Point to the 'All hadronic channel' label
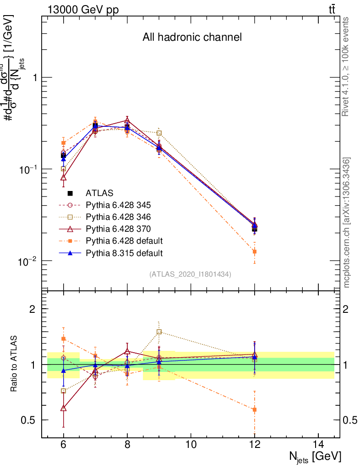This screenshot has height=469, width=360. (x=191, y=38)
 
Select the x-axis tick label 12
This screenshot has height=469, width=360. (x=255, y=444)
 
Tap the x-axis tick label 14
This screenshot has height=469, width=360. (x=318, y=444)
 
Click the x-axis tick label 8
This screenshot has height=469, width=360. (x=127, y=444)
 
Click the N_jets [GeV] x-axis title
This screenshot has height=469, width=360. (x=315, y=456)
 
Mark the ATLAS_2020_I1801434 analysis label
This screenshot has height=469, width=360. (x=190, y=274)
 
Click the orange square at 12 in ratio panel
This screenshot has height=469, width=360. (x=255, y=409)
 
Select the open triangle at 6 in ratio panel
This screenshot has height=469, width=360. (x=64, y=408)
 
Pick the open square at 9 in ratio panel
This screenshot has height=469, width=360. (x=159, y=332)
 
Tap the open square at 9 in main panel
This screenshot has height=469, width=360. (x=159, y=133)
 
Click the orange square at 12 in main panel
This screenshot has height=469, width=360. (x=255, y=251)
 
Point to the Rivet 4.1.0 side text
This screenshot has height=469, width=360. (x=346, y=67)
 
